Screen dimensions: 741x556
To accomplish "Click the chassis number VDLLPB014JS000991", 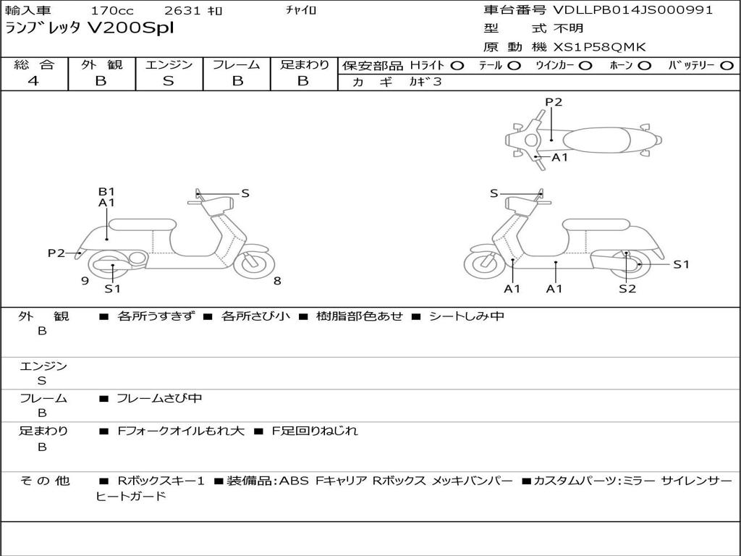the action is click(633, 10).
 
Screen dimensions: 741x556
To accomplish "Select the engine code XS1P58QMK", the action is click(600, 48).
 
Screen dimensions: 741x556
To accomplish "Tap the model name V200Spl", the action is click(130, 29).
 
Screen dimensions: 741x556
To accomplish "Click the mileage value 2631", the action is click(184, 11).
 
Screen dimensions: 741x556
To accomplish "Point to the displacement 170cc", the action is click(112, 11).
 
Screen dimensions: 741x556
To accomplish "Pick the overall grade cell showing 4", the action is click(33, 81).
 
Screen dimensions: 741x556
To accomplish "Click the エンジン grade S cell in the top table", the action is click(168, 81).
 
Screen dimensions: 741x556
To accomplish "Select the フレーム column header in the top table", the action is click(236, 65).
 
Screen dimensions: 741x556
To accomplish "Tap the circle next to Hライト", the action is click(457, 66).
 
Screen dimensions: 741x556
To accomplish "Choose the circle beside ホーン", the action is click(645, 66).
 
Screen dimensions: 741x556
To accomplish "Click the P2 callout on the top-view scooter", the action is click(554, 102).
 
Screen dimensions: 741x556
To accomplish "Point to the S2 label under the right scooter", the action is click(627, 289).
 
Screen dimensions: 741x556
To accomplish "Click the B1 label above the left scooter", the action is click(106, 192).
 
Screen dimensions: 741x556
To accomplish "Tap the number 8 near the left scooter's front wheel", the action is click(276, 281).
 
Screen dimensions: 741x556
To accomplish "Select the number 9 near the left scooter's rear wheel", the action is click(85, 281).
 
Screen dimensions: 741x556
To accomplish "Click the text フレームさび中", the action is click(159, 398).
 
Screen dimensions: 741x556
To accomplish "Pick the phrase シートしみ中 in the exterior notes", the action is click(466, 316).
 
